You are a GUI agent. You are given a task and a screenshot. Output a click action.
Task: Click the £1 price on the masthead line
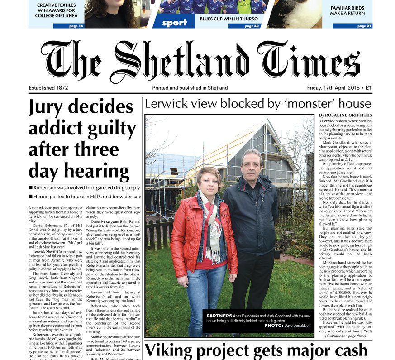click(x=369, y=88)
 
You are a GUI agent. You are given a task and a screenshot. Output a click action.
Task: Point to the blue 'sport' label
click(x=174, y=23)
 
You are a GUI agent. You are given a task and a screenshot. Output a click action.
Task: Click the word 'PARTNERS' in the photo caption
click(x=219, y=315)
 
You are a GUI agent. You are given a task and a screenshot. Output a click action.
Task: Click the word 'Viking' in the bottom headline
click(x=175, y=350)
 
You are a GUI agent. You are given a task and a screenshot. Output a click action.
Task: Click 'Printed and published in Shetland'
click(x=190, y=88)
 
